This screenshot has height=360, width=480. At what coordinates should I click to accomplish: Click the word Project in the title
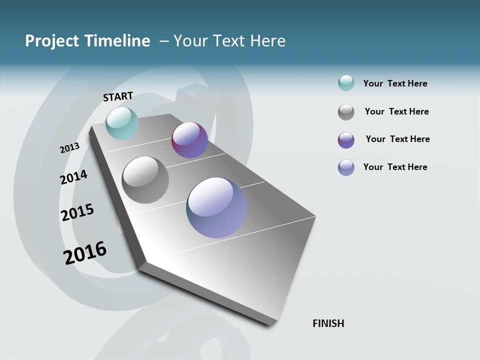[x=52, y=41]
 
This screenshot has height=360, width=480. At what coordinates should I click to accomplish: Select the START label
[x=118, y=96]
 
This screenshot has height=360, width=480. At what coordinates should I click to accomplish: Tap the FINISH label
[x=328, y=323]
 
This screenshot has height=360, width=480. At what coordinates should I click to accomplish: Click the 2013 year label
[x=69, y=148]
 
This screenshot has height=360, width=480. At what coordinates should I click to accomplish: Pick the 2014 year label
[x=73, y=177]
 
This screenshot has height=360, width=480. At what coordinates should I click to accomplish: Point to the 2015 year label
[x=77, y=212]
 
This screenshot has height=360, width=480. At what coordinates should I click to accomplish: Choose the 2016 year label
[x=85, y=253]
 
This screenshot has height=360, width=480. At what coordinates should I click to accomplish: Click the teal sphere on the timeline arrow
[x=122, y=123]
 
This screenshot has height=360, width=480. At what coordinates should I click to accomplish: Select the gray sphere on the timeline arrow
[x=145, y=180]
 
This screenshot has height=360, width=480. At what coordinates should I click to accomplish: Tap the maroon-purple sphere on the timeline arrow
[x=189, y=140]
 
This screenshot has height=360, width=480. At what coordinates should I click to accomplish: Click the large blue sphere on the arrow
[x=216, y=207]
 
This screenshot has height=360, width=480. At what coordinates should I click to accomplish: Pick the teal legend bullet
[x=346, y=83]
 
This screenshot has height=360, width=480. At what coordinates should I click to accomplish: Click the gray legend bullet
[x=346, y=112]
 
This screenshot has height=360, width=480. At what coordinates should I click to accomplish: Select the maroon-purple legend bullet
[x=346, y=140]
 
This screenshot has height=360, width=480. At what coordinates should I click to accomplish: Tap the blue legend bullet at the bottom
[x=346, y=167]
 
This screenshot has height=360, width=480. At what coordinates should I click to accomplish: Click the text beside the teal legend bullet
[x=395, y=83]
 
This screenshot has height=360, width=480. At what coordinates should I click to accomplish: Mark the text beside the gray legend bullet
[x=396, y=111]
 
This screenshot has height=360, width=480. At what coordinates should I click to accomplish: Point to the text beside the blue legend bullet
[x=395, y=167]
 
